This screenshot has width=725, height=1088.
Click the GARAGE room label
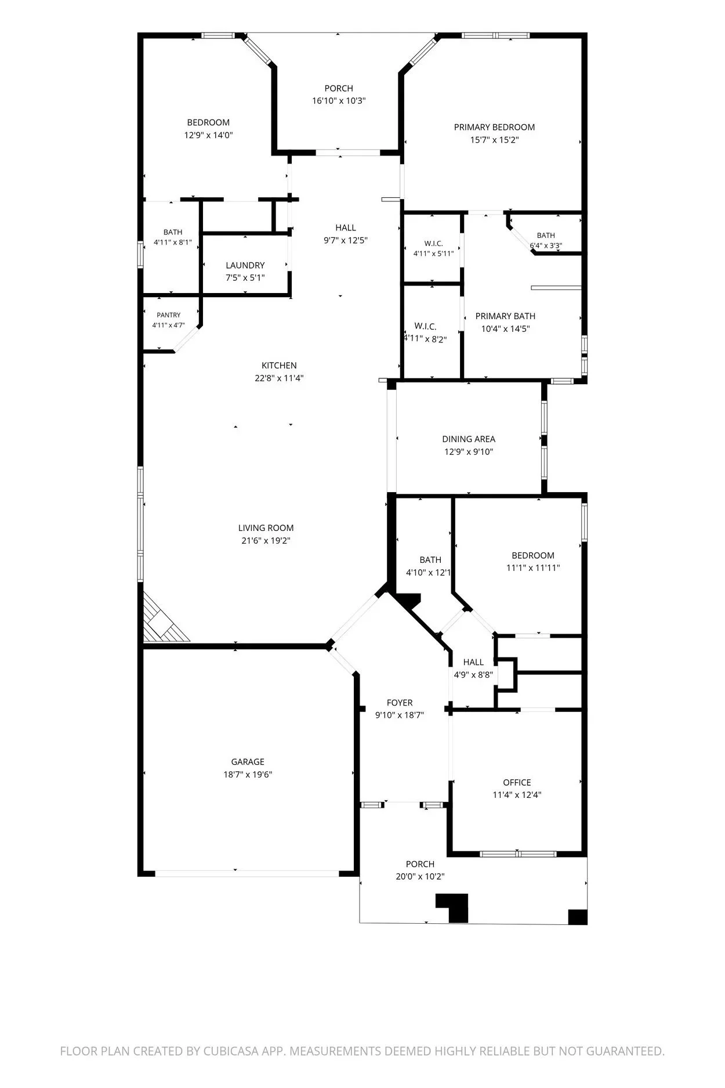(248, 762)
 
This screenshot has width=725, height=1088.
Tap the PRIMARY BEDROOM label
(494, 127)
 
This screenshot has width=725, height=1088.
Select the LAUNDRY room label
(245, 265)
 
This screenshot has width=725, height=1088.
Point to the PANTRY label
(168, 315)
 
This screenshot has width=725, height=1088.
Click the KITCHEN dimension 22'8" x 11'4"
(280, 378)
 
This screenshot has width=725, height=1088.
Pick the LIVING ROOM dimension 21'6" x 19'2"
(266, 541)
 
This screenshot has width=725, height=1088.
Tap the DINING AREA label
(469, 439)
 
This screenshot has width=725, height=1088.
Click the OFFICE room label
(517, 783)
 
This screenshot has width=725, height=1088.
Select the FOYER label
(400, 703)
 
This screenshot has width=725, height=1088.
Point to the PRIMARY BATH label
(505, 316)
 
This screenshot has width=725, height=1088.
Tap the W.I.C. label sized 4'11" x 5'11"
(433, 244)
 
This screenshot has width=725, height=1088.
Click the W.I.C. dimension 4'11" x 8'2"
(425, 339)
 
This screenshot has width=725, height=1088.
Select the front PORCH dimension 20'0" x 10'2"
(420, 877)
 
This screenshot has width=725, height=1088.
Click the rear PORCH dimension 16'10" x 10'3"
(339, 101)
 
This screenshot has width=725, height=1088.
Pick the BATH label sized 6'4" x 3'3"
(546, 236)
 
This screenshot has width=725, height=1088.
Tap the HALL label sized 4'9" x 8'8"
(473, 662)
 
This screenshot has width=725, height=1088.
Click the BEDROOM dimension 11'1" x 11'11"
(533, 568)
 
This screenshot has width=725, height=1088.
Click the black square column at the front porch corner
(578, 917)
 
